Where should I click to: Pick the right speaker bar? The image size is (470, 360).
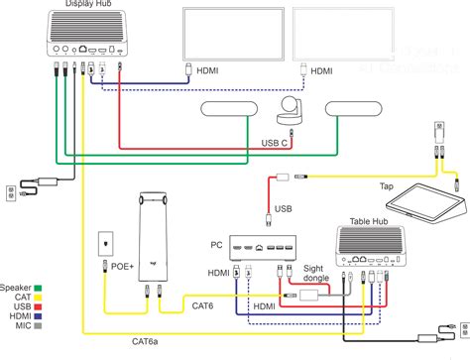pos(355,110)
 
